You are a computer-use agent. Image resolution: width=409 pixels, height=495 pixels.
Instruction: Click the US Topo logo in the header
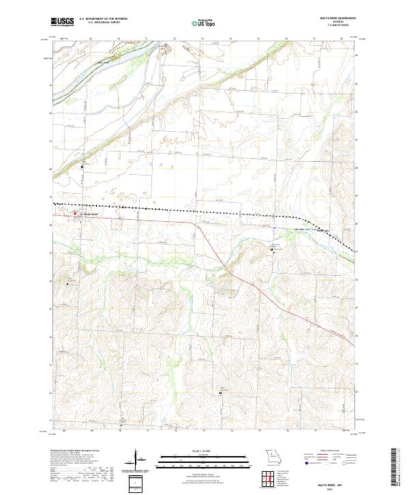[203, 23]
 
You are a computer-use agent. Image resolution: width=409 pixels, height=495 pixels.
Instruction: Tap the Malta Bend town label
[91, 214]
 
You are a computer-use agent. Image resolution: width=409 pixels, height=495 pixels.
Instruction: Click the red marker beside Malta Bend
[75, 214]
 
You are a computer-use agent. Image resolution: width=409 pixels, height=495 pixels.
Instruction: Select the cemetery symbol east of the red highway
[273, 250]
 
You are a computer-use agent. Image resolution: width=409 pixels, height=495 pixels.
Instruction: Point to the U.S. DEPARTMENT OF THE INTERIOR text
[103, 18]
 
